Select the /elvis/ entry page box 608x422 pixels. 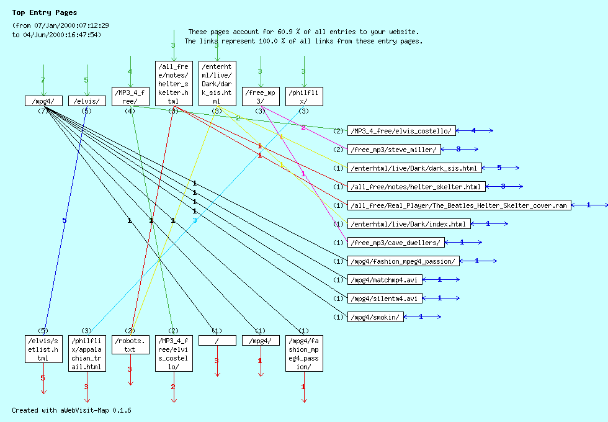tap(86, 101)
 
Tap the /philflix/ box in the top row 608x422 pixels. tap(303, 96)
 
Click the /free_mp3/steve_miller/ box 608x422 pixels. tap(395, 150)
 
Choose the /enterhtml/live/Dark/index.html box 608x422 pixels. tap(408, 224)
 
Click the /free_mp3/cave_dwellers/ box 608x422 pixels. tap(396, 243)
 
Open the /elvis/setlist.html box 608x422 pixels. tap(43, 349)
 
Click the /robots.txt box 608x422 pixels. tap(130, 344)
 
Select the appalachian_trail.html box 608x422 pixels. tap(86, 354)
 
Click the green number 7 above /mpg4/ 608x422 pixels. tap(43, 80)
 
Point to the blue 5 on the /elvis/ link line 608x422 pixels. tap(64, 220)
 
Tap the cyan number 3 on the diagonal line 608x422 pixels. tap(194, 220)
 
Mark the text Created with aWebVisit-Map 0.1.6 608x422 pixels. tap(71, 410)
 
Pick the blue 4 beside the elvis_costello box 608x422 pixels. tap(473, 131)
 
